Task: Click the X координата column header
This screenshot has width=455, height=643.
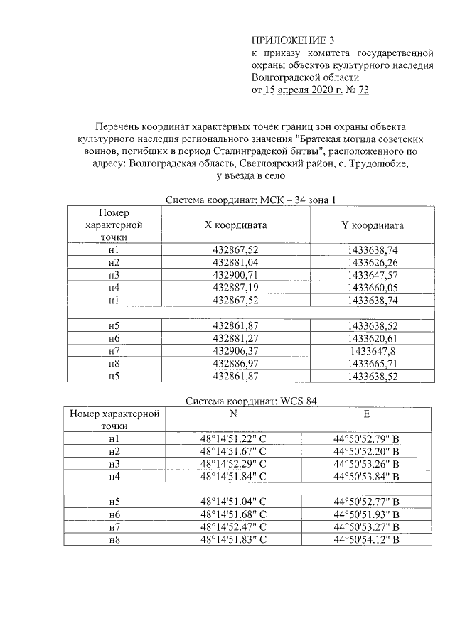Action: [x=235, y=225]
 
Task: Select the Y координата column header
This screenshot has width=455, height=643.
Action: [x=372, y=225]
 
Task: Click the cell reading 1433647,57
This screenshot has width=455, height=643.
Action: [x=372, y=275]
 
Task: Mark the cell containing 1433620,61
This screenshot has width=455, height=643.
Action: [x=372, y=338]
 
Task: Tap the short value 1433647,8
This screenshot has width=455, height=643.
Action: [x=372, y=351]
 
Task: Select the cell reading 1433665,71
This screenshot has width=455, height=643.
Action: [x=372, y=363]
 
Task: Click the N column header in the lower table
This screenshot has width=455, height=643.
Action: [x=233, y=413]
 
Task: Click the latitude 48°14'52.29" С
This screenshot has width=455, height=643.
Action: [x=233, y=464]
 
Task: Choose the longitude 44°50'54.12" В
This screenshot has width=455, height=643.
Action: [x=367, y=540]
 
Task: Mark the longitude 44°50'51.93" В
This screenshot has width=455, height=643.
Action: [x=367, y=514]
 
